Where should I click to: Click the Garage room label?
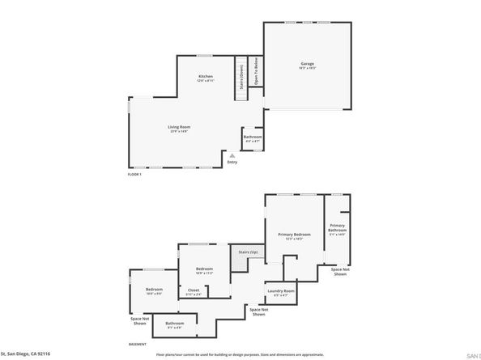[308, 63]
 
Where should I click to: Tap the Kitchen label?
[206, 76]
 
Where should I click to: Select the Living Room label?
[179, 127]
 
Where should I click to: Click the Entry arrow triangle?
[232, 155]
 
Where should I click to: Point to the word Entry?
[232, 162]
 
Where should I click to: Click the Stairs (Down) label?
[240, 78]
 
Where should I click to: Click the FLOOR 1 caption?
[134, 174]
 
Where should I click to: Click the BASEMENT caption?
[138, 344]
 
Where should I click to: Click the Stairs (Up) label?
[247, 252]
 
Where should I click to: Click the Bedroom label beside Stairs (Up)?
[204, 269]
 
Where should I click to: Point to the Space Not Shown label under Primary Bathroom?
[341, 271]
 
